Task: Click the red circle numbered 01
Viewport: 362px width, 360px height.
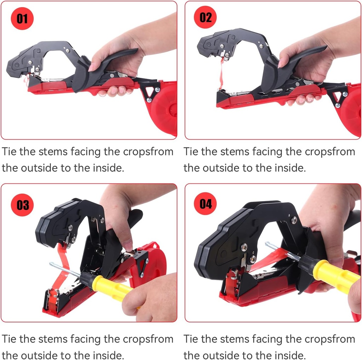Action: (22, 18)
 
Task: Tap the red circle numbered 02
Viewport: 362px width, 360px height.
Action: (205, 17)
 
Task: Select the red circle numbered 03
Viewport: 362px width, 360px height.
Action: (23, 204)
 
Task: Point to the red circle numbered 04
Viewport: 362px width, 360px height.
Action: (205, 204)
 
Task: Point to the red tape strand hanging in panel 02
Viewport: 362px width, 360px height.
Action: (221, 74)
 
